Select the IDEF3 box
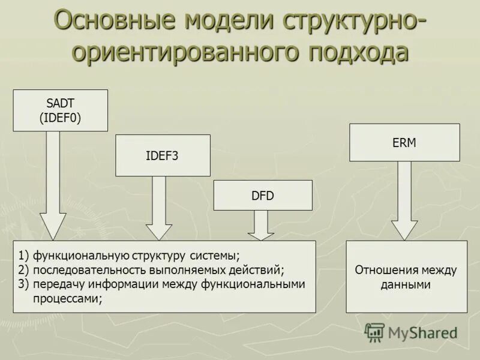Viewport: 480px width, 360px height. (x=163, y=155)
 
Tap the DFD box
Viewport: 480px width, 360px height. (x=263, y=195)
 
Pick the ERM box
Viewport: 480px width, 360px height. (x=404, y=143)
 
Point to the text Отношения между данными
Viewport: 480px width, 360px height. (x=406, y=277)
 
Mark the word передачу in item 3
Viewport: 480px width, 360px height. (x=56, y=284)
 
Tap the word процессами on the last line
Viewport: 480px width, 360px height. (x=66, y=298)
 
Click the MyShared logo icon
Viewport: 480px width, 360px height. (x=374, y=332)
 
